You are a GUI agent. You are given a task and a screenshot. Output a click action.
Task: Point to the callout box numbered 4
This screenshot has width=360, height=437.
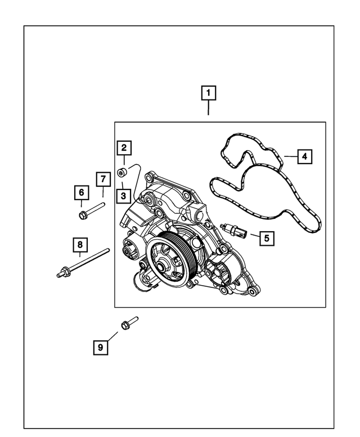[x=303, y=156]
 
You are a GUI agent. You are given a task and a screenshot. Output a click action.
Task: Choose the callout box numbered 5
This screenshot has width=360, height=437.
[x=267, y=238]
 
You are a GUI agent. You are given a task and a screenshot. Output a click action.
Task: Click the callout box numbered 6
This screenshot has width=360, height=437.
[x=82, y=193]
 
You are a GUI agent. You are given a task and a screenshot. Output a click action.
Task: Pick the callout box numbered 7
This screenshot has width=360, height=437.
[x=103, y=179]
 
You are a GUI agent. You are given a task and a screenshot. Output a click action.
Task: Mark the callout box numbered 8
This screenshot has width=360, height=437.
[x=80, y=245]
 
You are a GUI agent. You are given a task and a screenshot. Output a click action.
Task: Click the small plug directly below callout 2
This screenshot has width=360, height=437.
[x=121, y=172]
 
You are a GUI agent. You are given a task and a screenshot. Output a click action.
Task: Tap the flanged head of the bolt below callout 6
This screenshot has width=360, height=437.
[x=84, y=214]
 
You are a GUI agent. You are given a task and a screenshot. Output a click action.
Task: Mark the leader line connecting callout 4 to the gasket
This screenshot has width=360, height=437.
[x=289, y=156]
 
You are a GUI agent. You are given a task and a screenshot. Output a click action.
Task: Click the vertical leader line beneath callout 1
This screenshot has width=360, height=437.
[x=209, y=108]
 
